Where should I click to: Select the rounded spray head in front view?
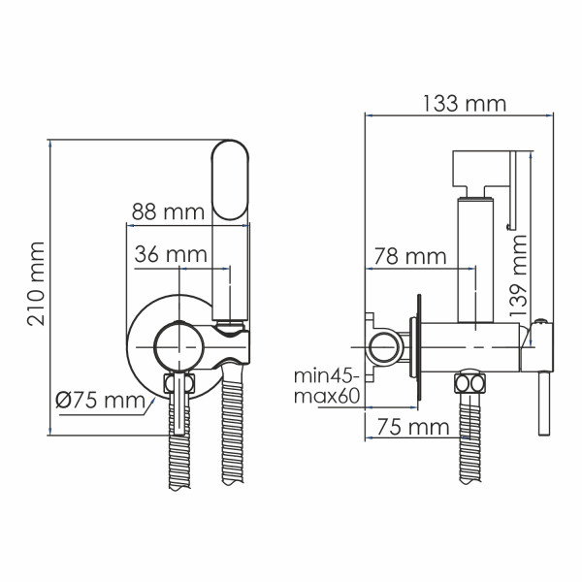(x=231, y=180)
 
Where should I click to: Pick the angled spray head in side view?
(x=483, y=171)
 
